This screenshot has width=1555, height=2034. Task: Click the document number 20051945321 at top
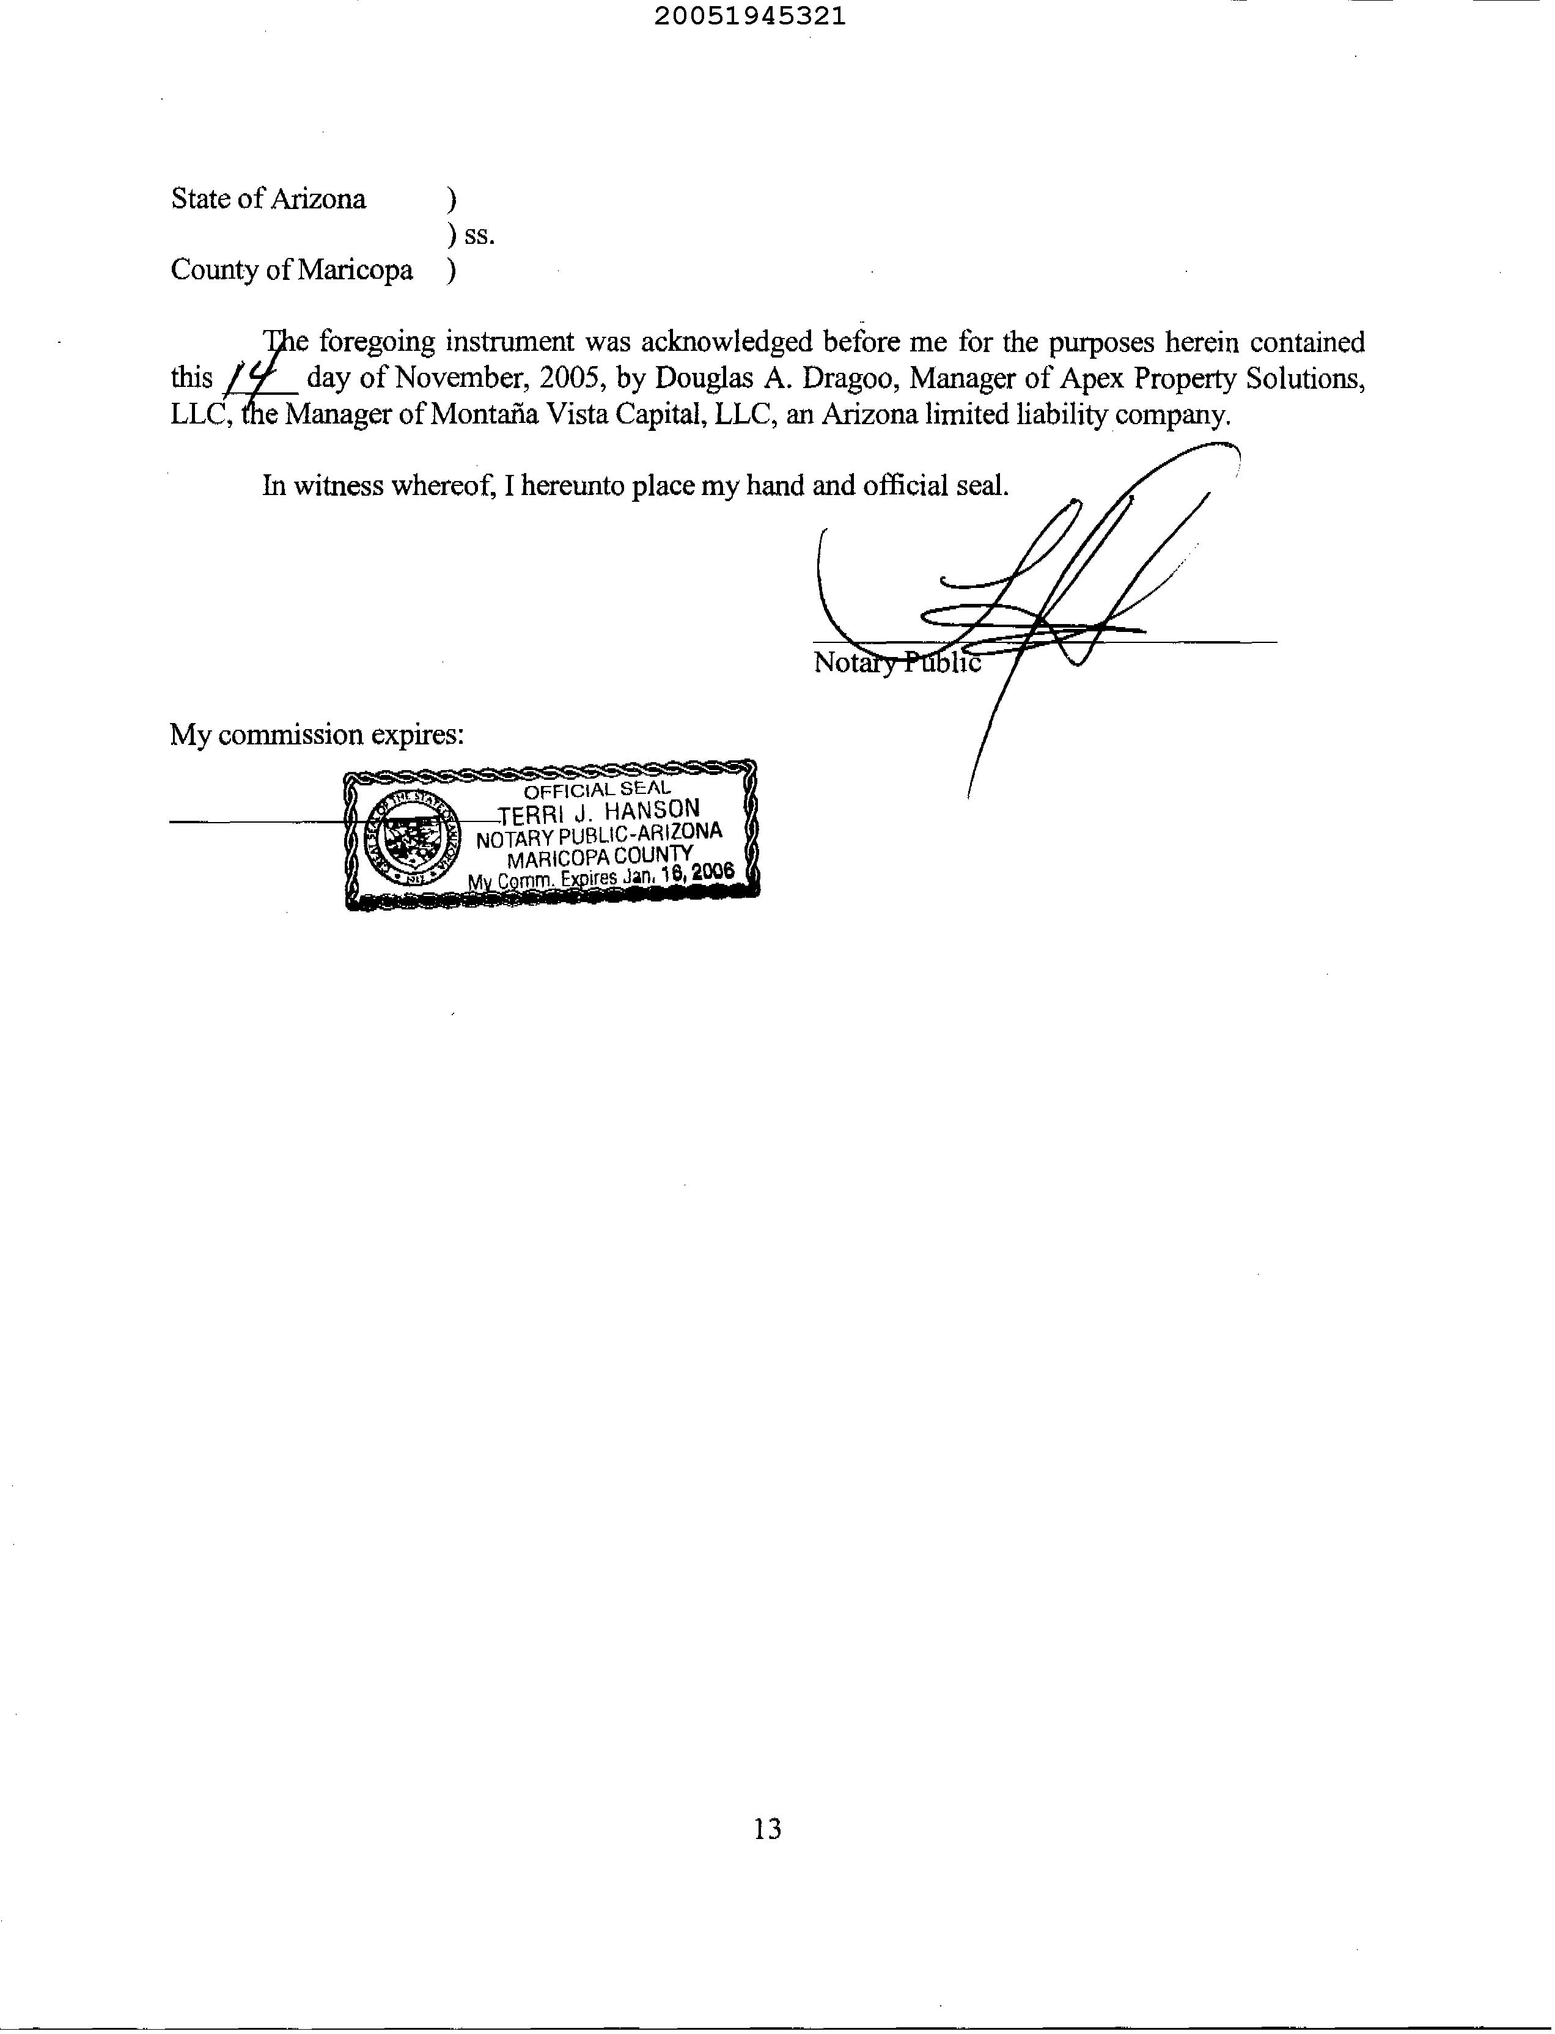[750, 17]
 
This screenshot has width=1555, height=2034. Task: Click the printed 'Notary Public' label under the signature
[896, 663]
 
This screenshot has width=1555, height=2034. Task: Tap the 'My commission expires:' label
[317, 735]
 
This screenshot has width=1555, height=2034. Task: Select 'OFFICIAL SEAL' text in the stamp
[597, 790]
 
